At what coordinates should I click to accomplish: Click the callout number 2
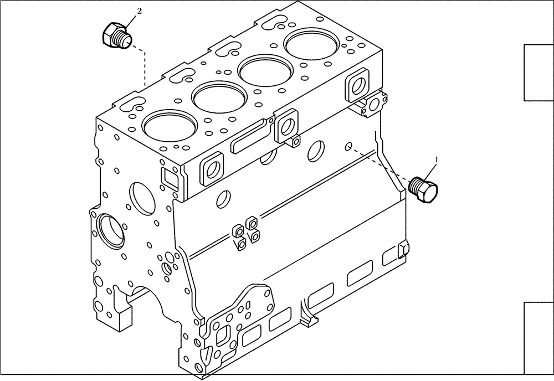pos(139,11)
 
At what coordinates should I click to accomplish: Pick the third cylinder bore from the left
pos(263,69)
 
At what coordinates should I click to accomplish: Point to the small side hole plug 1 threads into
pos(347,147)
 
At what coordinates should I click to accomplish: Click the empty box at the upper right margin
pos(539,73)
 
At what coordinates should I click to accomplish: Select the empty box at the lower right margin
pos(539,338)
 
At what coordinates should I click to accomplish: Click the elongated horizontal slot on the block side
pos(249,138)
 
